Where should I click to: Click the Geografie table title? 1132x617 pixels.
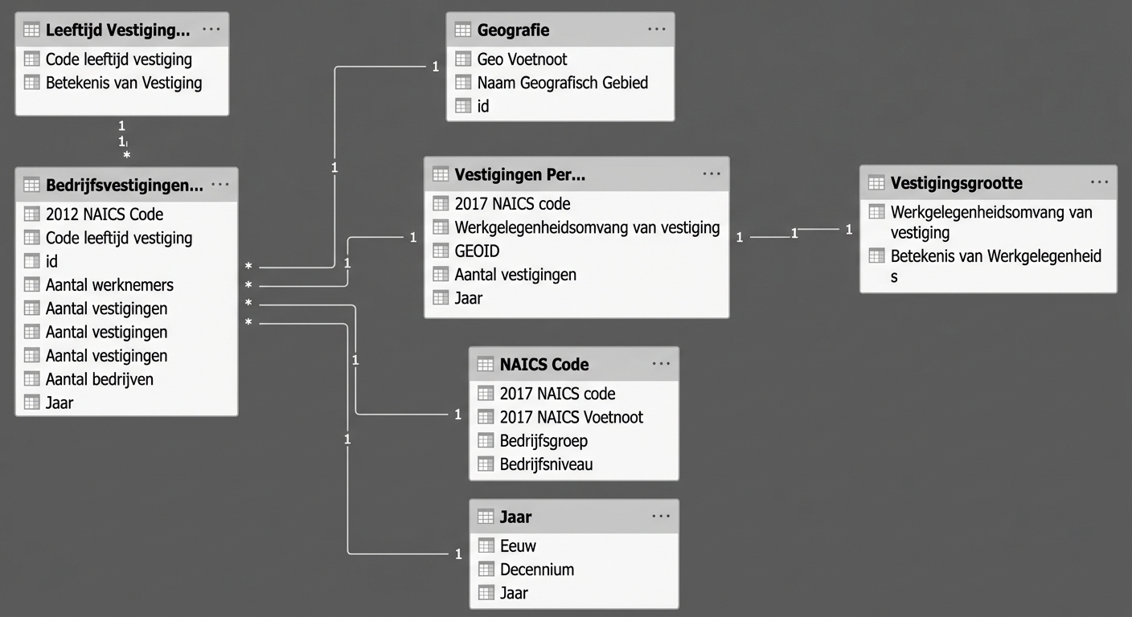point(513,31)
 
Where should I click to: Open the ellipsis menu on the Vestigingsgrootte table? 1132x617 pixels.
point(1099,183)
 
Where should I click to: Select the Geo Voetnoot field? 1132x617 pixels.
point(522,59)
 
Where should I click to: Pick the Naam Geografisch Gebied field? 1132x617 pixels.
point(562,83)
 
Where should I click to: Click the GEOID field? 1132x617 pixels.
point(477,251)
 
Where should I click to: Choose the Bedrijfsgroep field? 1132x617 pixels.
point(543,441)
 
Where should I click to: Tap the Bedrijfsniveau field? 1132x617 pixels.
point(546,464)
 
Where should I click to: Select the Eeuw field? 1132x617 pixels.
point(518,546)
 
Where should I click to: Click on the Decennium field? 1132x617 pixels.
point(536,570)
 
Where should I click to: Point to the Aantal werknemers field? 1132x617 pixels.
point(109,285)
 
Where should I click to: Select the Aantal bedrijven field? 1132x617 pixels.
point(99,379)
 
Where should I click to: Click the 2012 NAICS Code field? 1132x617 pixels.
point(104,215)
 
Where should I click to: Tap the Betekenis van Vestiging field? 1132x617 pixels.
point(123,83)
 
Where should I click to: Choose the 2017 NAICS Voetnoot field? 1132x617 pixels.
point(571,417)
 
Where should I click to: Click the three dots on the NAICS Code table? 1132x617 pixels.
point(661,364)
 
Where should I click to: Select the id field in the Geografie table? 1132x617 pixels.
point(482,106)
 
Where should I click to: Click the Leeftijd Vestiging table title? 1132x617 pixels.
point(117,31)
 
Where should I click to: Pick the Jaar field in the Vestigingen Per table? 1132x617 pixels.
point(468,298)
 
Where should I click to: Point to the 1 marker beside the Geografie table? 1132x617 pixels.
point(435,67)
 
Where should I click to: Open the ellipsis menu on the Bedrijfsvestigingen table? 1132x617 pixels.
point(219,185)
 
